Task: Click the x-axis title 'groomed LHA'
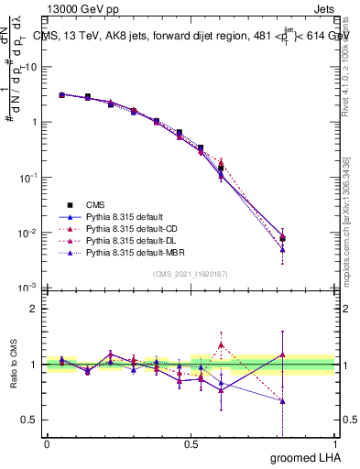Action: [302, 457]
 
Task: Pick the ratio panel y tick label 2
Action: [33, 309]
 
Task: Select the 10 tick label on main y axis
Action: [30, 67]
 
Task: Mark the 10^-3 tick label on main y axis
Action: [28, 288]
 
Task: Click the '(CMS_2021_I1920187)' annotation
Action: [191, 274]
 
